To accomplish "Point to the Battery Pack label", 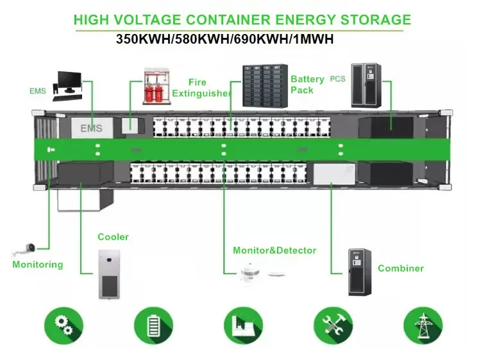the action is tap(307, 85).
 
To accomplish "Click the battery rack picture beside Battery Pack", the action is tap(265, 86).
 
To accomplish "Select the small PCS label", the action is tap(337, 79).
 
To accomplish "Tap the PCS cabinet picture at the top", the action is tap(366, 85).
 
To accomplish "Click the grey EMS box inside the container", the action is tap(92, 128).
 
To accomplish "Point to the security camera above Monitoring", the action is tap(24, 249).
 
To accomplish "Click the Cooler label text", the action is tap(113, 237).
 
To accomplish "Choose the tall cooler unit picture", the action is tap(109, 274).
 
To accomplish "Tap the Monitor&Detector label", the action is tap(274, 250).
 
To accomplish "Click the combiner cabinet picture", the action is tap(360, 272).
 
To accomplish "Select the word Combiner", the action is tap(401, 268).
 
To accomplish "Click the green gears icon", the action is tap(63, 325).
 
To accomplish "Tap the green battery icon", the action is tap(154, 325).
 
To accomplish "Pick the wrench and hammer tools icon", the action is tap(333, 325).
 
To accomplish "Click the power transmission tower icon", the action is tap(423, 325).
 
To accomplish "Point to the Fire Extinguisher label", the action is tap(201, 88).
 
